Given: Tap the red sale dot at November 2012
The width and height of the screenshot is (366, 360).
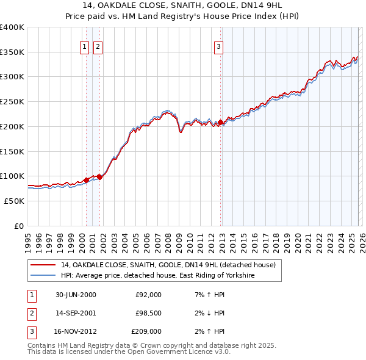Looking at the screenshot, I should click(220, 123).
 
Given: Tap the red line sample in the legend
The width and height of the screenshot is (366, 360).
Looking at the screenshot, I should click(43, 265).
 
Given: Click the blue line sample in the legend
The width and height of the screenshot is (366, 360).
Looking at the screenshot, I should click(43, 276).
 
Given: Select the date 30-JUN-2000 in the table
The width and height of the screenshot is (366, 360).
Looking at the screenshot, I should click(76, 295).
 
